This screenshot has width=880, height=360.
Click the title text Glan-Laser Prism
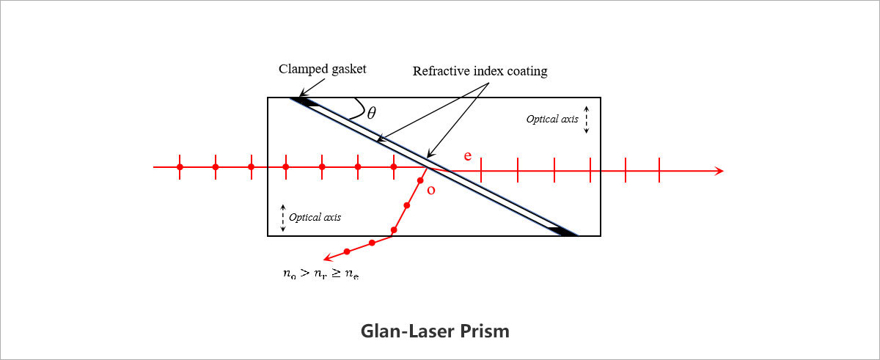click(x=435, y=331)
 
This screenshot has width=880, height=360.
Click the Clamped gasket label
click(x=322, y=70)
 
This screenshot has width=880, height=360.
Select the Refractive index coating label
click(x=480, y=71)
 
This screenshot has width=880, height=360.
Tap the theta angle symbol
click(x=372, y=113)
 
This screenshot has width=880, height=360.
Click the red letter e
click(x=468, y=156)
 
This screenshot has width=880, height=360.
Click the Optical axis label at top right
click(x=552, y=118)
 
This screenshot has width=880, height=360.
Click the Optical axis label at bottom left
click(x=315, y=217)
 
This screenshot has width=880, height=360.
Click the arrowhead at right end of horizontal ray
click(x=719, y=171)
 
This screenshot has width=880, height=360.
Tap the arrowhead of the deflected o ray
click(x=329, y=257)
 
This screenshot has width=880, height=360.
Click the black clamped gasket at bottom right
click(x=562, y=231)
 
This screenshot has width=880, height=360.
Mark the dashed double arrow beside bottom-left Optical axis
click(x=283, y=217)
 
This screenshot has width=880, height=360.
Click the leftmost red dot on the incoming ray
click(x=180, y=167)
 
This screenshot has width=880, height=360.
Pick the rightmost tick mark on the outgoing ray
click(x=659, y=171)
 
